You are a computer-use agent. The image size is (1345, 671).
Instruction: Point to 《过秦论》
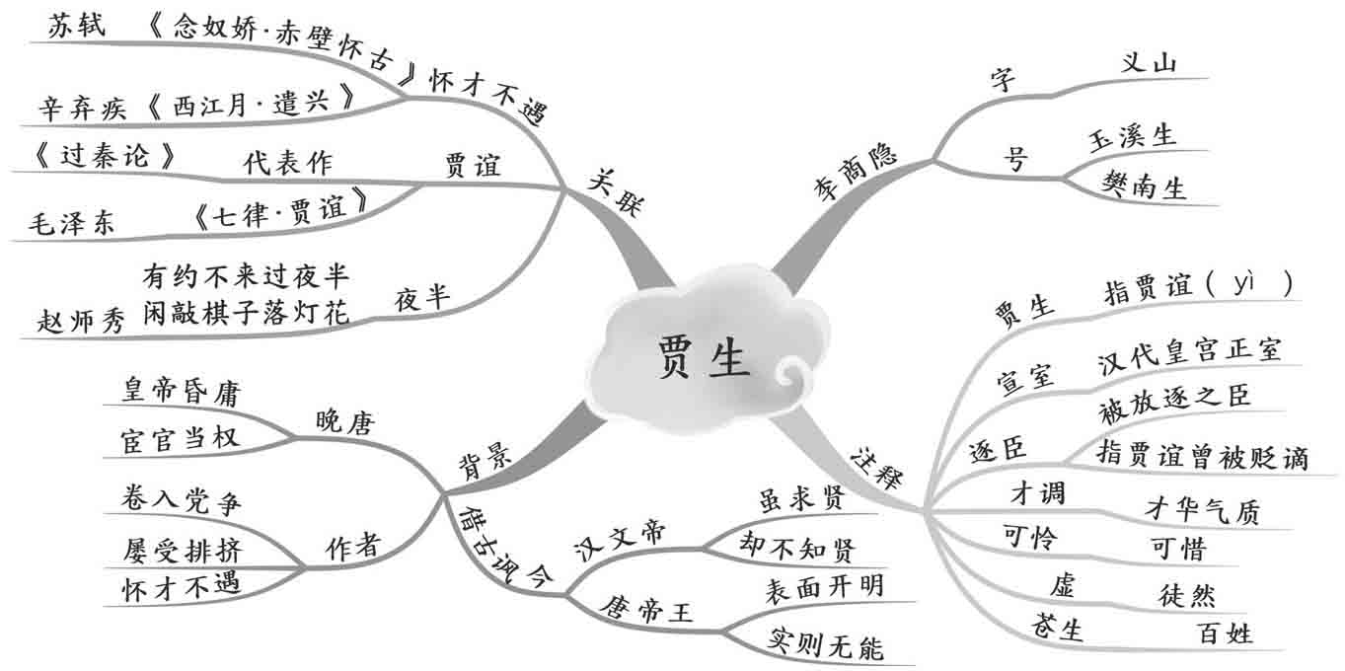tap(95, 157)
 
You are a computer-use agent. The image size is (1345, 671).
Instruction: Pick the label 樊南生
tap(1144, 186)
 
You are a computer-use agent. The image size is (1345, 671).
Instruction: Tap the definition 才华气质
tap(1202, 509)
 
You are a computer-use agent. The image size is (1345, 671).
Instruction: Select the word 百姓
tap(1224, 632)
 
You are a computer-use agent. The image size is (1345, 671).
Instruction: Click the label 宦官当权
tap(180, 438)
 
